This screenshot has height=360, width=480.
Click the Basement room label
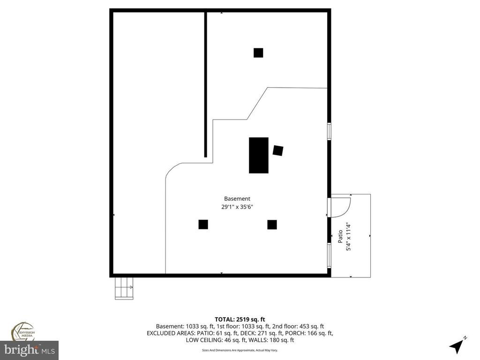coord(237,199)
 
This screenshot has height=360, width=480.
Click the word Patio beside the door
coord(341,235)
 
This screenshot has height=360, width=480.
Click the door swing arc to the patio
coord(345,206)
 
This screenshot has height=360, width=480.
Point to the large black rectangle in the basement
coord(259,155)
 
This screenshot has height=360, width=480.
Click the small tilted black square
coord(278,150)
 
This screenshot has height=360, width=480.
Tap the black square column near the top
coord(258,52)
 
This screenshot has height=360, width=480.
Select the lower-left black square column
coord(203,225)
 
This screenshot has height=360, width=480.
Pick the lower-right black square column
coord(272,225)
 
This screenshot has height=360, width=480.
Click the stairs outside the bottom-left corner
coord(123,287)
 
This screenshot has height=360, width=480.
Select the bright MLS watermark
coord(29,350)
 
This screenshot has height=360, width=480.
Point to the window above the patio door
coord(329,131)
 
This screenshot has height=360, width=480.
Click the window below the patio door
coord(329,255)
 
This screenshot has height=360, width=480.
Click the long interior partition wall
coord(205,84)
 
